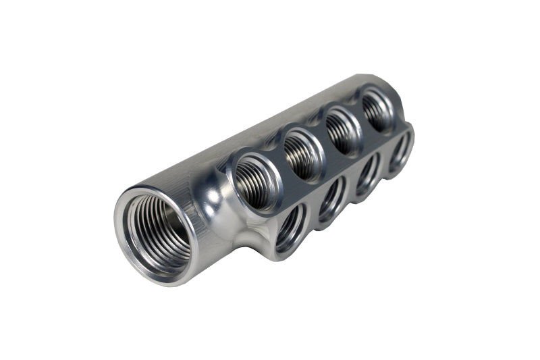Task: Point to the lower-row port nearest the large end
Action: click(x=290, y=226)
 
